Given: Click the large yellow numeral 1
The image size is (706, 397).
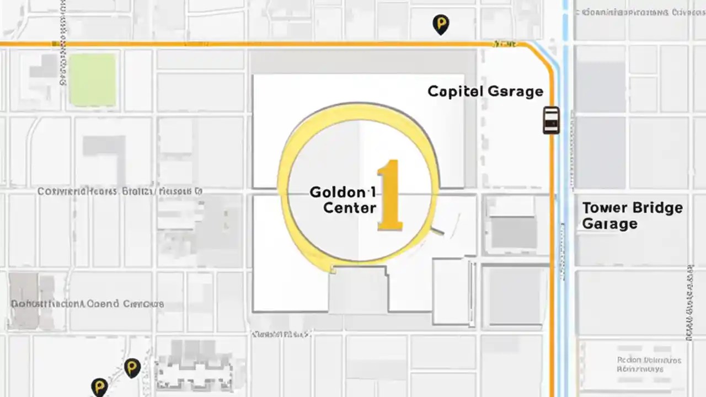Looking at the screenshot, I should point(391,196).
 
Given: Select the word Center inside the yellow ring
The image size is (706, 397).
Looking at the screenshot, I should point(350,208).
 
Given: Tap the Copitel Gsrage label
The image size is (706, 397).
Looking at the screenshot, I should point(485,92).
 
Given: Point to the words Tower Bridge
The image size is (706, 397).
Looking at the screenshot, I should point(633,208).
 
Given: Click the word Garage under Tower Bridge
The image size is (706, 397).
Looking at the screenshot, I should point(609,224).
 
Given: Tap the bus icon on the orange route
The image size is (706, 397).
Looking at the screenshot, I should point(551,120).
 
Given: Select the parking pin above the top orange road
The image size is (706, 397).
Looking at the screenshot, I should point(440,24).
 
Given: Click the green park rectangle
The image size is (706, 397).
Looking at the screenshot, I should point(93,79).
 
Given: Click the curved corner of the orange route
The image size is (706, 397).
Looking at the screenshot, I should point(543,55).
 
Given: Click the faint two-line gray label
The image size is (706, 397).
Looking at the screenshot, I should point(649,364).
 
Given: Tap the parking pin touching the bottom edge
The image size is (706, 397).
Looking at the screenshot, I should point(99,387).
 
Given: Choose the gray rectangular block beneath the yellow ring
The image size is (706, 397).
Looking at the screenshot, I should point(358,289).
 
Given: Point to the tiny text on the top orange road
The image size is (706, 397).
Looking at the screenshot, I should point(505,43).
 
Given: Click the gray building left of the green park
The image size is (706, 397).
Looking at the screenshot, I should point(43,69).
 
